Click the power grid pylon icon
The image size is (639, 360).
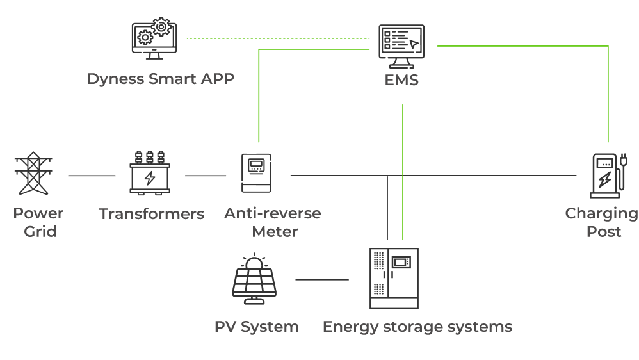click(32, 174)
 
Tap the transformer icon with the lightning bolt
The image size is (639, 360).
click(150, 174)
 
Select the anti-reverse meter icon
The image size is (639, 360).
click(257, 174)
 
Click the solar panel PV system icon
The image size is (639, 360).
click(254, 279)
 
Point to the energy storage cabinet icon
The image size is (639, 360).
click(394, 279)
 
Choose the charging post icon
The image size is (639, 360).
click(607, 175)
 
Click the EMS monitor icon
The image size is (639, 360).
click(401, 47)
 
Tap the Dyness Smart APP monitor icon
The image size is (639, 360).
click(154, 39)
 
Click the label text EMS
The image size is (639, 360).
click(401, 80)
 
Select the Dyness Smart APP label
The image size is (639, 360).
click(161, 79)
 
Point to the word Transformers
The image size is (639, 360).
click(152, 214)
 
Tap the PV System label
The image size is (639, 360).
click(257, 327)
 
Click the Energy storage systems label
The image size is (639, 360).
click(417, 327)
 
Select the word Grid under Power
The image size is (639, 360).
click(40, 231)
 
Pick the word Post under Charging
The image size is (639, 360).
click(604, 231)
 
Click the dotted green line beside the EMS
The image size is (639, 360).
click(278, 38)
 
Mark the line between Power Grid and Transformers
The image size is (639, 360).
click(92, 175)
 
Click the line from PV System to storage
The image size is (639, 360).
click(322, 279)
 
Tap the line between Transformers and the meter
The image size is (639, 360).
click(206, 175)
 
